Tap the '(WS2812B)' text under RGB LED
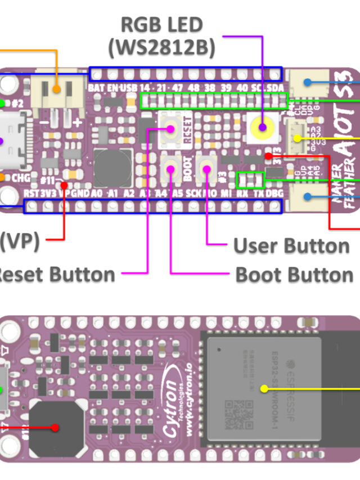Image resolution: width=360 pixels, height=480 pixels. click(163, 48)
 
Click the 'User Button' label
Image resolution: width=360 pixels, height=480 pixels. click(291, 245)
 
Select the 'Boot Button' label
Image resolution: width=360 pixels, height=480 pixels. click(294, 275)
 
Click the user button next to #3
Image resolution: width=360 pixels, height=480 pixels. click(208, 168)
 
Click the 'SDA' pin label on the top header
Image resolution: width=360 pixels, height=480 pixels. click(276, 88)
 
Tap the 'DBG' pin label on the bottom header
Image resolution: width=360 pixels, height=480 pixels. click(274, 193)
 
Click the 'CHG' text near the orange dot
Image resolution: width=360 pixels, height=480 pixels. click(21, 178)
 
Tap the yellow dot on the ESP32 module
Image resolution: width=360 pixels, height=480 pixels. click(264, 388)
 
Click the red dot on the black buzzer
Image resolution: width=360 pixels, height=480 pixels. click(55, 428)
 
